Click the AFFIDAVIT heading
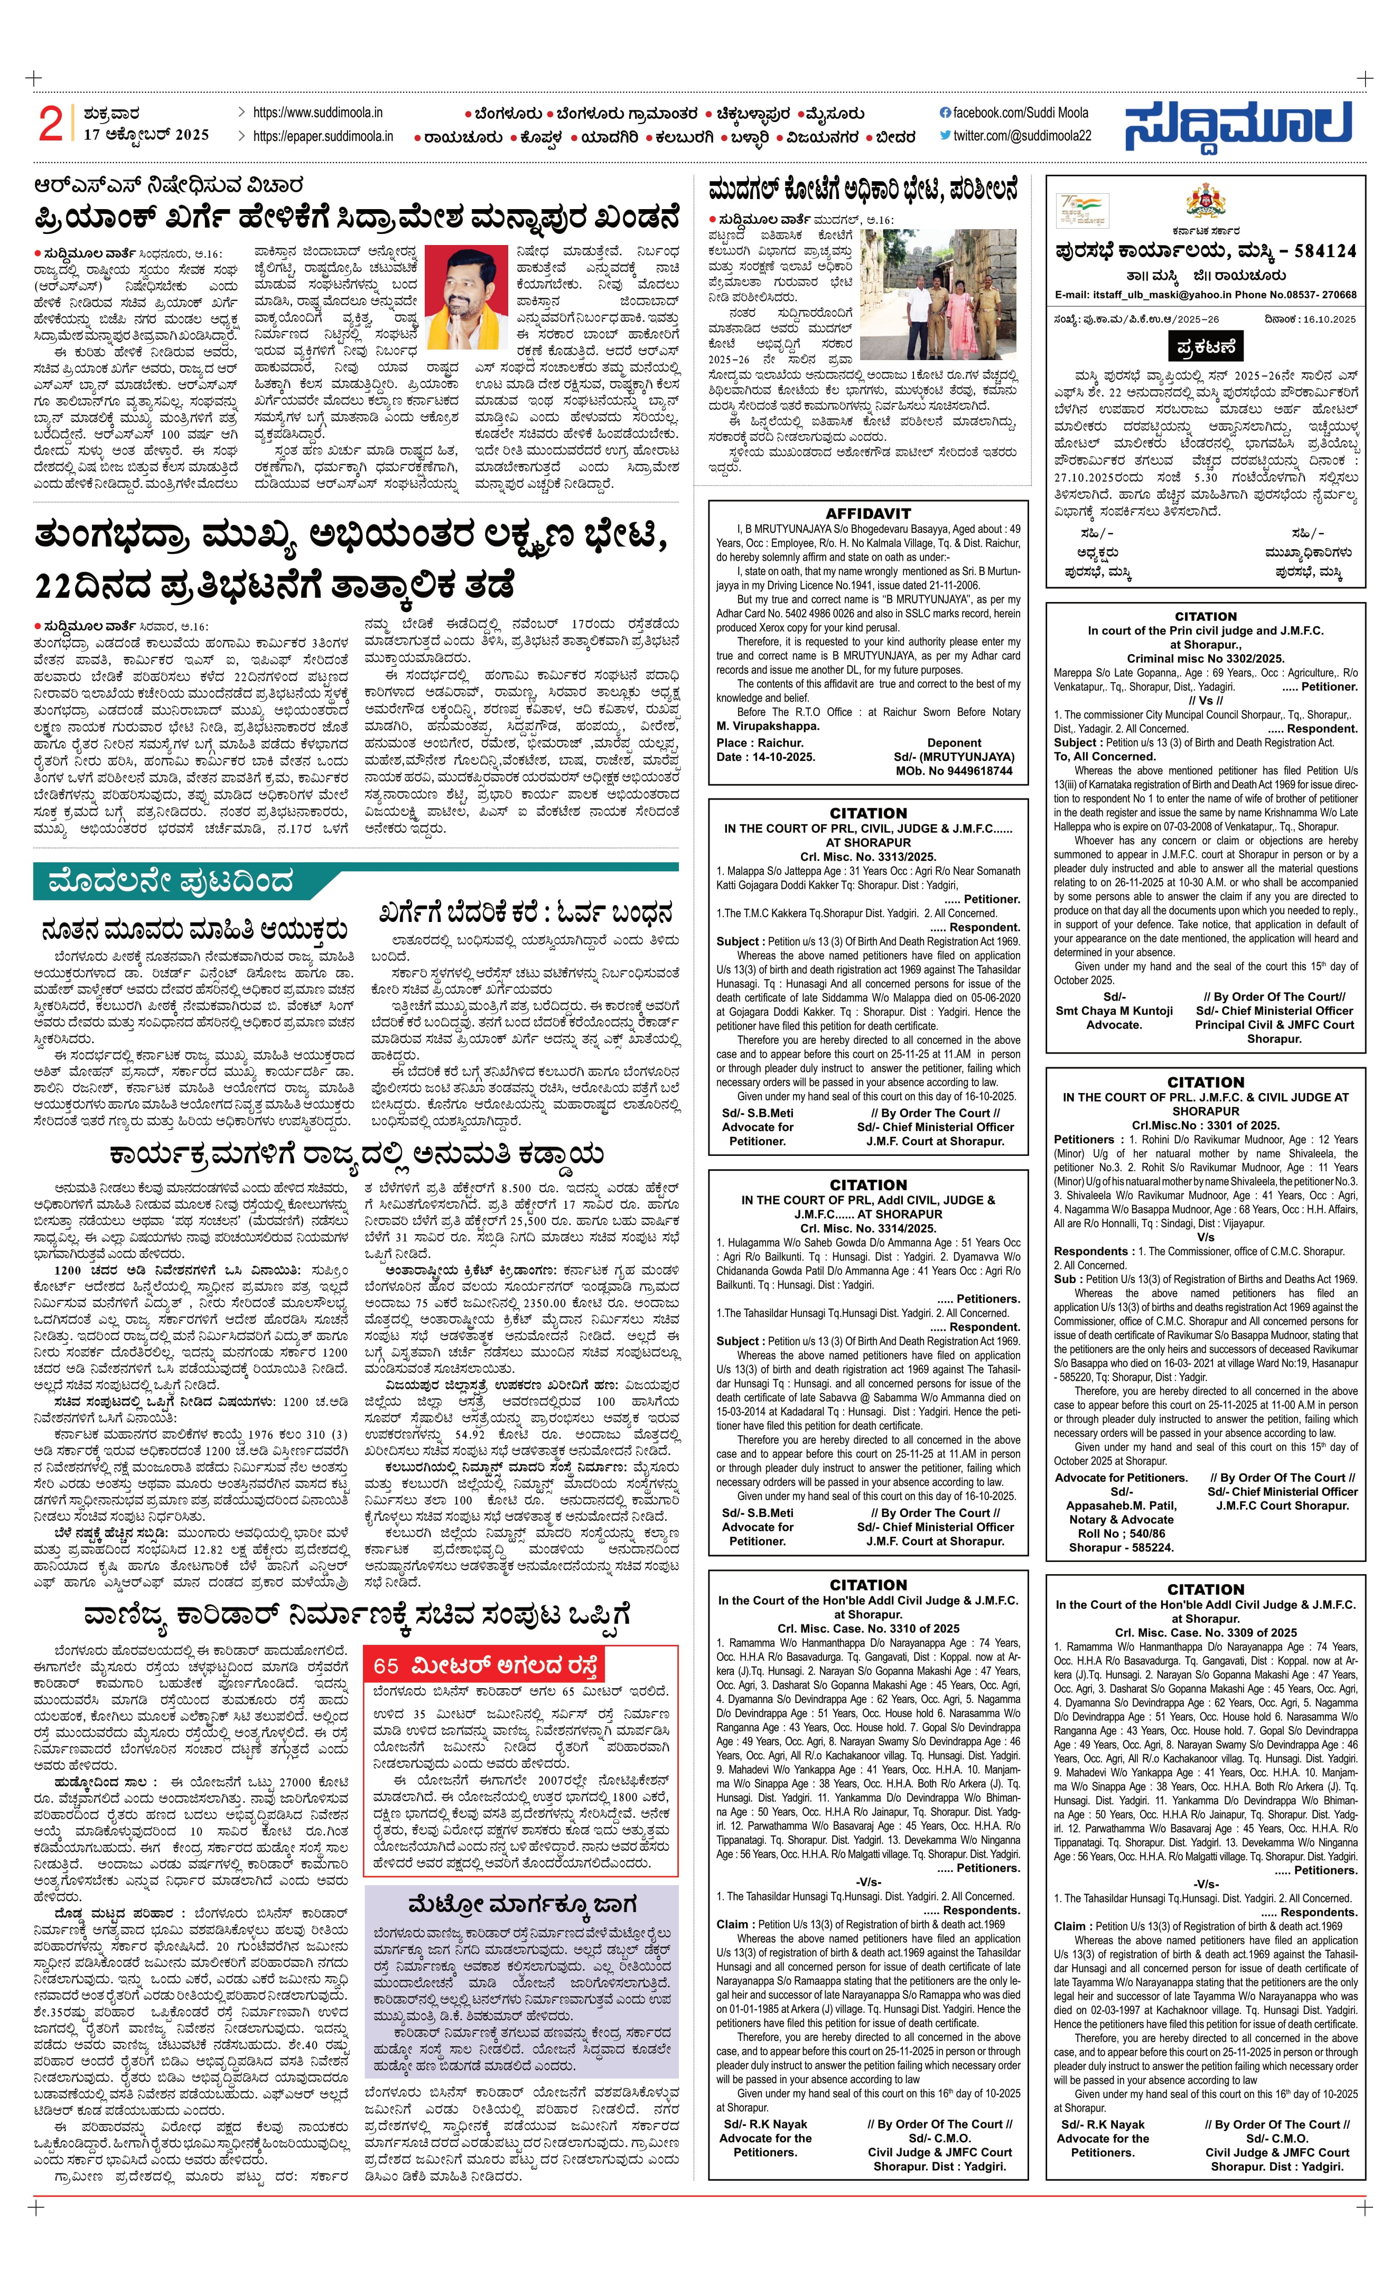pyautogui.click(x=868, y=513)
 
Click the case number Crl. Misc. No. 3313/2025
pyautogui.click(x=868, y=857)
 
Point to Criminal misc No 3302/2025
pyautogui.click(x=1205, y=658)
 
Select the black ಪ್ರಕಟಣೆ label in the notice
pyautogui.click(x=1205, y=346)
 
